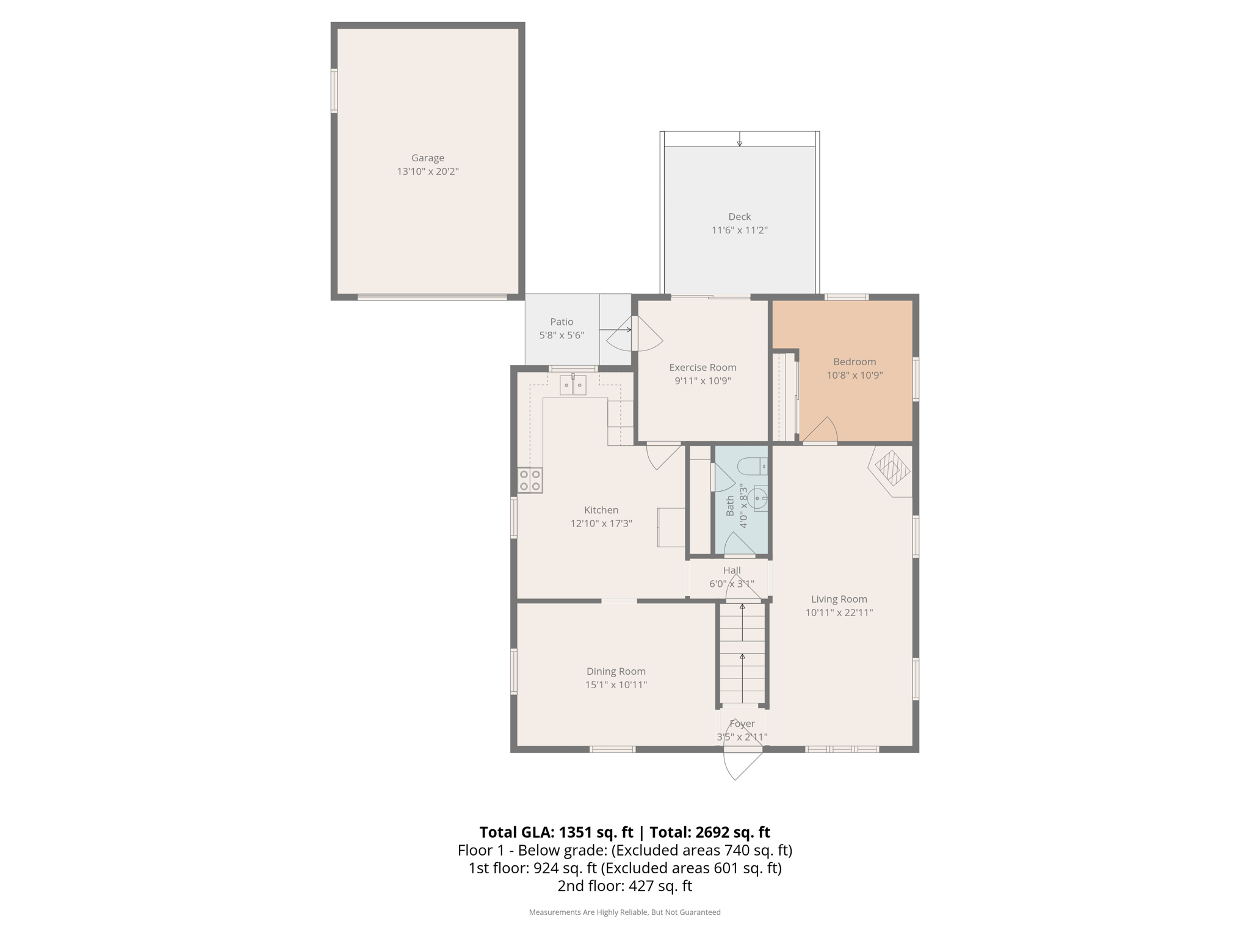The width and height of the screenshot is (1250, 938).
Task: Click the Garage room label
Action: point(427,158)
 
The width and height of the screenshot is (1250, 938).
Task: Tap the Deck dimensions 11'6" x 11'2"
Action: point(739,230)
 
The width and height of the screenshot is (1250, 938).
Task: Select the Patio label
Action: point(562,322)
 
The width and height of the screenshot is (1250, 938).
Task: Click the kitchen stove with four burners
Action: point(530,481)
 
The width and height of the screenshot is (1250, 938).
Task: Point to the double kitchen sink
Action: point(573,385)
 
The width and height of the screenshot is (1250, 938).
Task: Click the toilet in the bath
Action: point(753,467)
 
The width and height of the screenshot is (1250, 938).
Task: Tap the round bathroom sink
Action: point(759,498)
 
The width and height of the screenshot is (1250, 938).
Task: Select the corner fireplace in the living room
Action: point(892,470)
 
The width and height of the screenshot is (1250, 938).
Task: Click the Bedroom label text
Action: point(854,362)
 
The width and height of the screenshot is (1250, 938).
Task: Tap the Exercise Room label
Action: point(703,367)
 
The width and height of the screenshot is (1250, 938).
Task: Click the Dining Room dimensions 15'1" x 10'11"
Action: point(616,685)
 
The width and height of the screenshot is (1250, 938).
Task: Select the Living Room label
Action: point(839,599)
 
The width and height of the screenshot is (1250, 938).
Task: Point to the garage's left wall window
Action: point(334,90)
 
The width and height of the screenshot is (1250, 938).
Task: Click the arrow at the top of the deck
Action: point(739,140)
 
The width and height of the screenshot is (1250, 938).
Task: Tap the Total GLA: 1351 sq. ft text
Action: point(556,832)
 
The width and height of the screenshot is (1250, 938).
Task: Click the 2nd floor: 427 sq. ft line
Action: point(624,885)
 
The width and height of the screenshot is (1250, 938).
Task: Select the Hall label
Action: point(732,570)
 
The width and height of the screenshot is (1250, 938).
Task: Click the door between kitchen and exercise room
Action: point(664,456)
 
